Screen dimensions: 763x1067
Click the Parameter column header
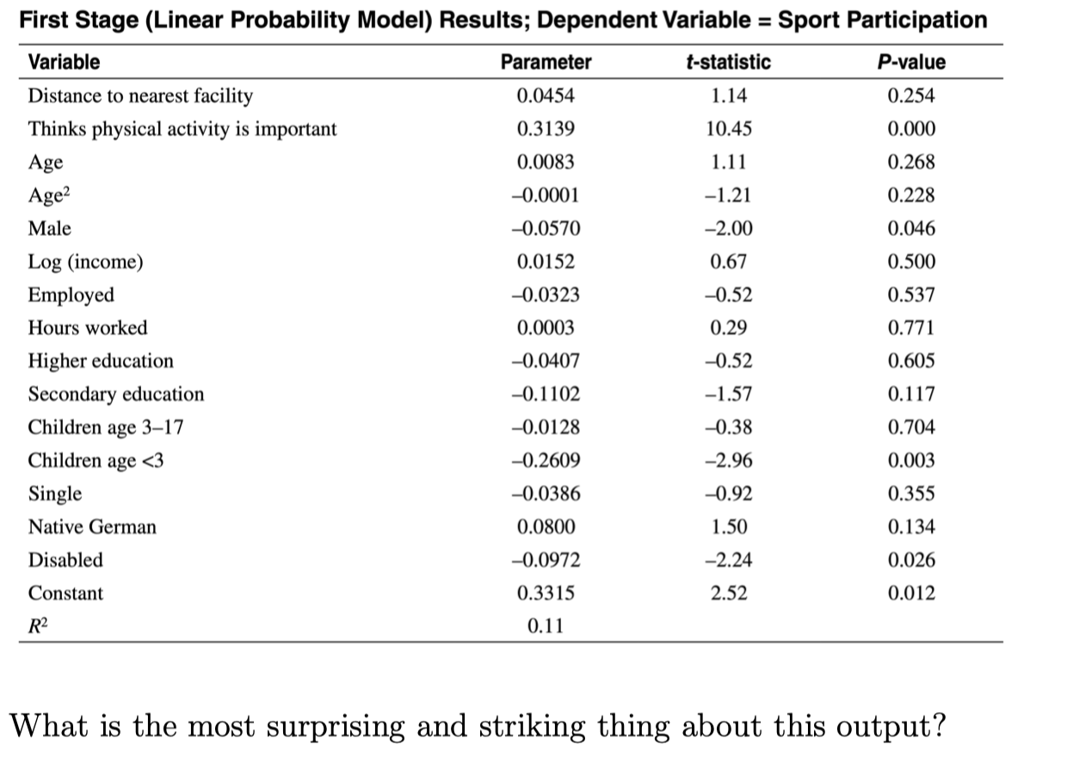546,62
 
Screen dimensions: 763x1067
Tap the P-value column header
910,62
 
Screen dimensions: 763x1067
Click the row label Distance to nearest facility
140,96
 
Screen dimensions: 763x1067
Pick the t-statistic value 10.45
729,129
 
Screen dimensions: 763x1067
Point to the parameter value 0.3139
546,129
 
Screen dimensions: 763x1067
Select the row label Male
50,228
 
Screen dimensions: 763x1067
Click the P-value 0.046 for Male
910,228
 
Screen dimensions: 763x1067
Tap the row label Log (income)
85,262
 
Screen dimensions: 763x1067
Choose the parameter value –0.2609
546,461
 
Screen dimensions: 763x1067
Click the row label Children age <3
96,461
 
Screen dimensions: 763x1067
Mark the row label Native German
92,527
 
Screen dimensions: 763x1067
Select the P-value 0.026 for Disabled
910,560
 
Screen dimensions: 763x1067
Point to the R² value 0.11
546,626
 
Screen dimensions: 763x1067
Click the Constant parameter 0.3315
546,593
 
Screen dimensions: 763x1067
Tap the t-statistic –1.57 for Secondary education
729,394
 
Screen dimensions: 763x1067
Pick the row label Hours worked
88,328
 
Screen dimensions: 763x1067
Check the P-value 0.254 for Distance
910,96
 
